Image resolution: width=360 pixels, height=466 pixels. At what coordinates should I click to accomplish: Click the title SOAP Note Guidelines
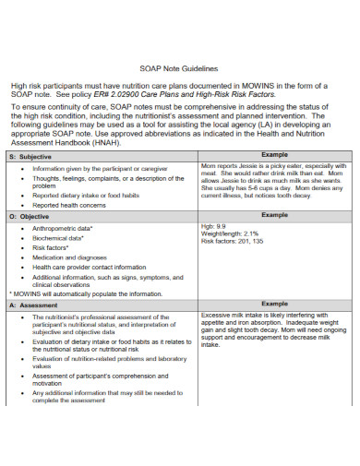181,68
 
